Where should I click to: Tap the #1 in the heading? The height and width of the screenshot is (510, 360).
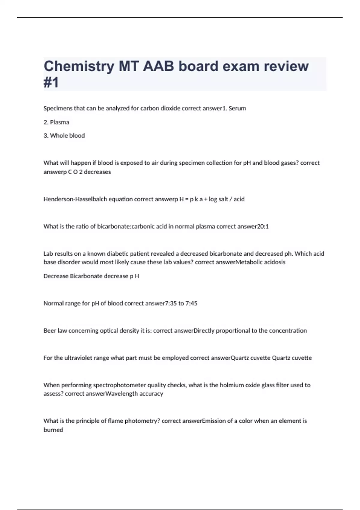point(51,83)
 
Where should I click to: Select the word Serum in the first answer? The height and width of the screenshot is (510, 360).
point(237,108)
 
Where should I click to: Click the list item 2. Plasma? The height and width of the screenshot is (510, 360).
point(56,122)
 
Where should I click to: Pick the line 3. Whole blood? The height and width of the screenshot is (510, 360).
point(64,136)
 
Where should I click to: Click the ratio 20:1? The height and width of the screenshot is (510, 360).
point(263,226)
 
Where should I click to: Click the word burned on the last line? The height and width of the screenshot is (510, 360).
point(53,430)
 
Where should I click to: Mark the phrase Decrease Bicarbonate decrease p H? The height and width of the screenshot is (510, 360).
point(91,276)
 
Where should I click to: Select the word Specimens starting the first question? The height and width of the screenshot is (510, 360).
point(57,108)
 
